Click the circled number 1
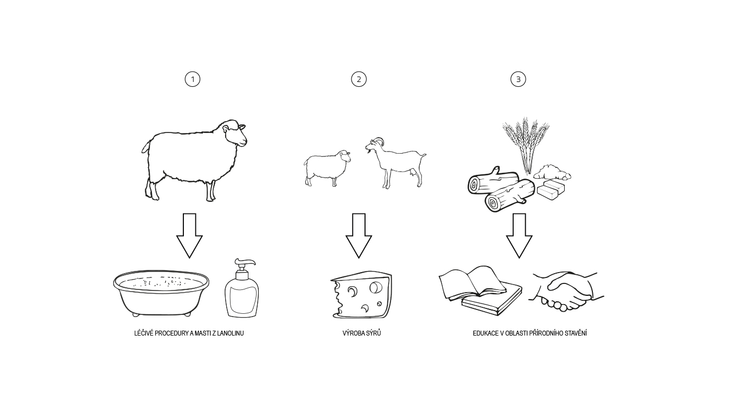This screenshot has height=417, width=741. (192, 79)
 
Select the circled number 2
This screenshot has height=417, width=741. (359, 79)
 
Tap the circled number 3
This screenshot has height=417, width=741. (518, 79)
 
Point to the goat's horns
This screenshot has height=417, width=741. (379, 141)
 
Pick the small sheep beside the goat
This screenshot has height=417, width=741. (327, 168)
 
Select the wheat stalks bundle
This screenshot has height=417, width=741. (526, 145)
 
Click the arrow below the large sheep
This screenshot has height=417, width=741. (189, 236)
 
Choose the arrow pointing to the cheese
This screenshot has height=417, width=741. (359, 236)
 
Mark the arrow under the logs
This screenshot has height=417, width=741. (519, 236)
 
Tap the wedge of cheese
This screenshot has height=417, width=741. (361, 294)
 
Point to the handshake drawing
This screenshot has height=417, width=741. (566, 292)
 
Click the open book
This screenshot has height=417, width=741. (473, 282)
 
